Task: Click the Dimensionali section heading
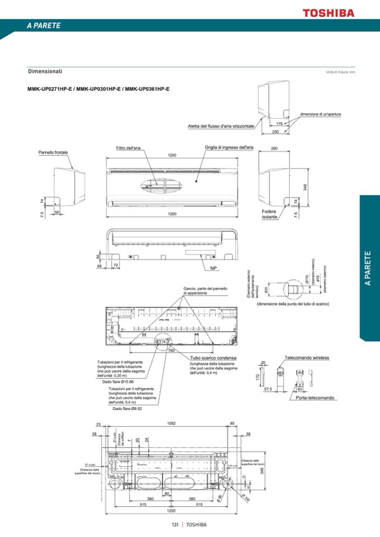click(45, 71)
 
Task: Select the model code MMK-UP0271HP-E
click(50, 89)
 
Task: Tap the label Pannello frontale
click(53, 152)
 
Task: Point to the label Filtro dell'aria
click(128, 148)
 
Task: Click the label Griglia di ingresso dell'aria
click(229, 147)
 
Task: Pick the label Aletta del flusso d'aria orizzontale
click(221, 126)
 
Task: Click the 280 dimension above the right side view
click(274, 149)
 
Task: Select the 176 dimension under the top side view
click(279, 123)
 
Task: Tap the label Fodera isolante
click(269, 214)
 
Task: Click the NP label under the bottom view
click(214, 269)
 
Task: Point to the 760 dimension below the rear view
click(172, 350)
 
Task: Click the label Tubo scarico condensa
click(213, 357)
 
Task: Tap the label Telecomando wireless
click(307, 357)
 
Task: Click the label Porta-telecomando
click(315, 398)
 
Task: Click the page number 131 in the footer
click(175, 525)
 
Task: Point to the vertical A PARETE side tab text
click(368, 269)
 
